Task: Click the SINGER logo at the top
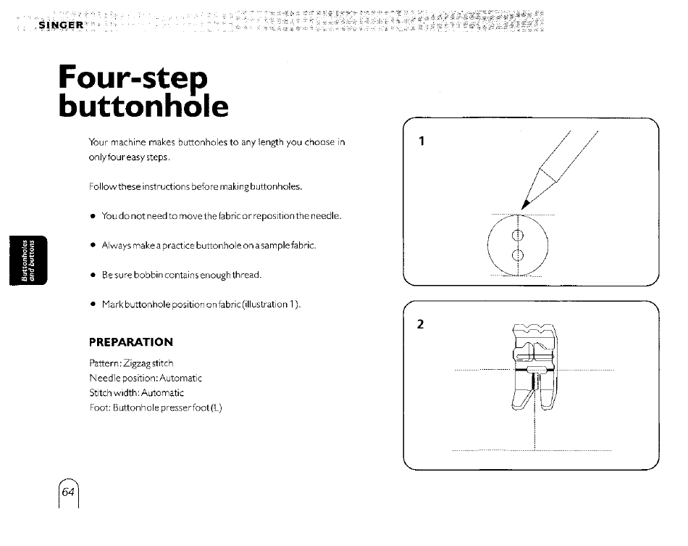pyautogui.click(x=61, y=25)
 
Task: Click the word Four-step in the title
pyautogui.click(x=133, y=78)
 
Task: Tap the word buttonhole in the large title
pyautogui.click(x=143, y=106)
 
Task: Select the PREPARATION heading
pyautogui.click(x=131, y=342)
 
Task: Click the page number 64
pyautogui.click(x=68, y=492)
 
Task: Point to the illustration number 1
pyautogui.click(x=421, y=141)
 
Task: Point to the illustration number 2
pyautogui.click(x=420, y=324)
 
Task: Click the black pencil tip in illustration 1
pyautogui.click(x=525, y=204)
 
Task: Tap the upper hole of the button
pyautogui.click(x=518, y=236)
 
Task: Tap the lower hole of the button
pyautogui.click(x=518, y=255)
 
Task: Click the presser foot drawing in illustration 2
pyautogui.click(x=534, y=367)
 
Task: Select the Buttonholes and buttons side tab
pyautogui.click(x=28, y=260)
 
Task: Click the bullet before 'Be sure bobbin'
pyautogui.click(x=93, y=276)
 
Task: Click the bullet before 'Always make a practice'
pyautogui.click(x=93, y=246)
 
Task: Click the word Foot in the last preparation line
pyautogui.click(x=98, y=408)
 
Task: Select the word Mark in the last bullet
pyautogui.click(x=112, y=304)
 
